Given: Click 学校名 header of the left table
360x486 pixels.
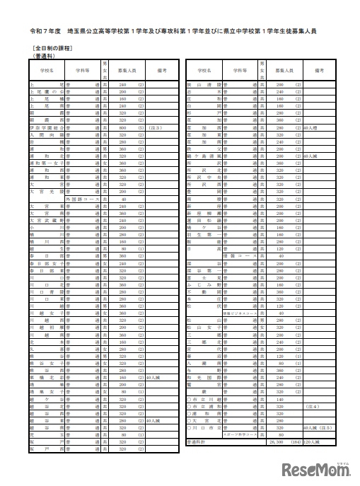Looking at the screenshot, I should [x=48, y=71].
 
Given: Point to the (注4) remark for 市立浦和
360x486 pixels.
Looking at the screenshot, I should [x=310, y=408].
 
